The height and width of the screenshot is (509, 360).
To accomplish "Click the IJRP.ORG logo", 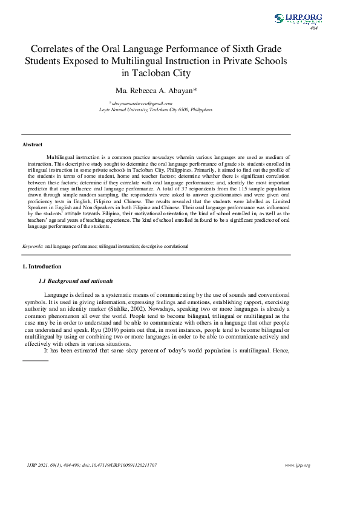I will [x=298, y=19].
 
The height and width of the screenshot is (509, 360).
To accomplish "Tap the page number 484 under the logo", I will [x=313, y=28].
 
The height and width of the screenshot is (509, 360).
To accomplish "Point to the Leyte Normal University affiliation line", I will [x=155, y=110].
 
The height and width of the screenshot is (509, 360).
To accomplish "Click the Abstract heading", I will [x=33, y=145].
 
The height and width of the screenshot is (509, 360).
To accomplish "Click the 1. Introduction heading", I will [x=42, y=267].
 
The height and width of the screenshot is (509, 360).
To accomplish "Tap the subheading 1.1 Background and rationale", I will [x=76, y=281].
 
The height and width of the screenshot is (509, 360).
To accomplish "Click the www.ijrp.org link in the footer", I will [x=297, y=465].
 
